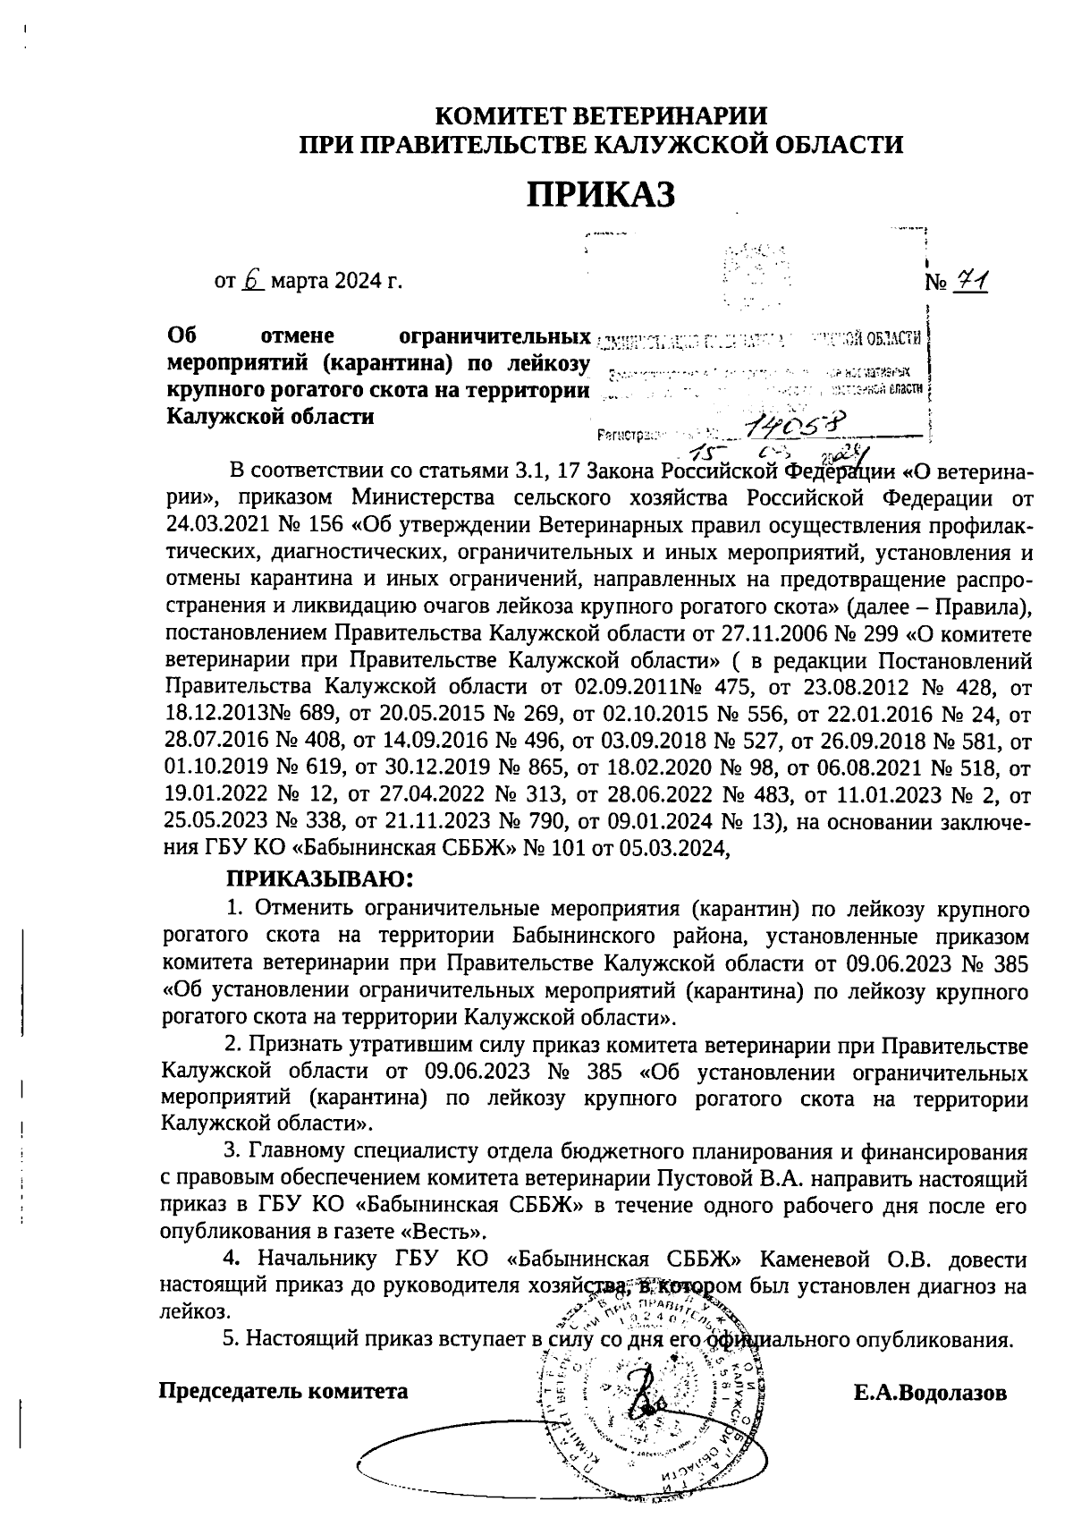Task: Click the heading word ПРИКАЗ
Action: click(600, 193)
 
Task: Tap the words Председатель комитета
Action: click(283, 1392)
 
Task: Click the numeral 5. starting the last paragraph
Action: click(230, 1339)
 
